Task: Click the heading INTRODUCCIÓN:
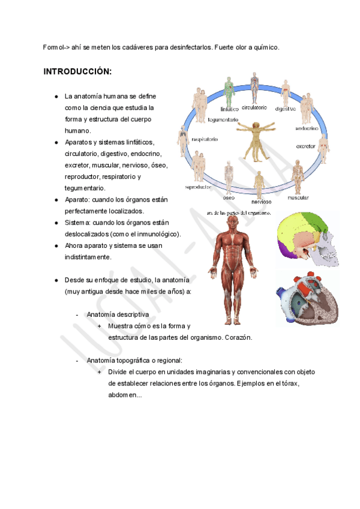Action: pos(77,72)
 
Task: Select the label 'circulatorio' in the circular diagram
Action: pos(254,108)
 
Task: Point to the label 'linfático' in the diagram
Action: pos(229,109)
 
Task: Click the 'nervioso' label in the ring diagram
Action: pos(261,202)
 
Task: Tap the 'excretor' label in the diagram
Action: pos(306,146)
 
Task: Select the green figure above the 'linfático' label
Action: pos(229,89)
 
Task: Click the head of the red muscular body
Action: pos(230,223)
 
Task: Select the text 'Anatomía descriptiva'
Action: pos(118,315)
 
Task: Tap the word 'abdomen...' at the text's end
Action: pos(125,395)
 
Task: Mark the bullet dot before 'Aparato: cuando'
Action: pos(56,200)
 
